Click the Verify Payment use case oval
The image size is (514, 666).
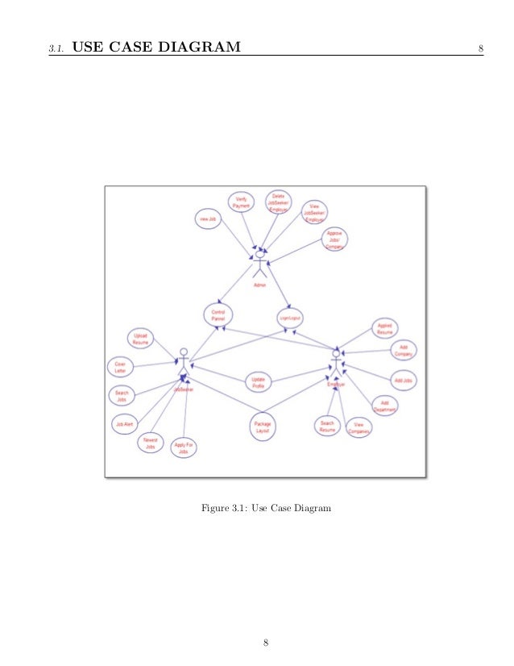point(240,203)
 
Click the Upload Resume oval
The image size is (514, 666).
point(141,339)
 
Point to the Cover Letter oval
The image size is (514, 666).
point(121,368)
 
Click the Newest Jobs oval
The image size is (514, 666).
point(151,443)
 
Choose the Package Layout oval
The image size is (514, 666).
point(263,428)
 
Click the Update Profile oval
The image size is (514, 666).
point(259,382)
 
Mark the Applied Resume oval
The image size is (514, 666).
point(385,329)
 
